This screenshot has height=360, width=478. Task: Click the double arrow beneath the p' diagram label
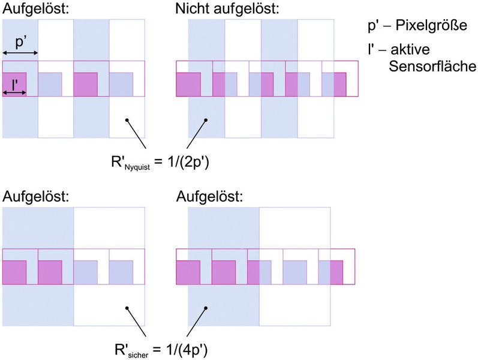20,53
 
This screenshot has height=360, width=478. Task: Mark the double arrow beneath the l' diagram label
14,92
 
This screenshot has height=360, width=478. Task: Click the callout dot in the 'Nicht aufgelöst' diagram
206,120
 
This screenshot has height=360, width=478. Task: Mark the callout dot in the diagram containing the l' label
127,120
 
